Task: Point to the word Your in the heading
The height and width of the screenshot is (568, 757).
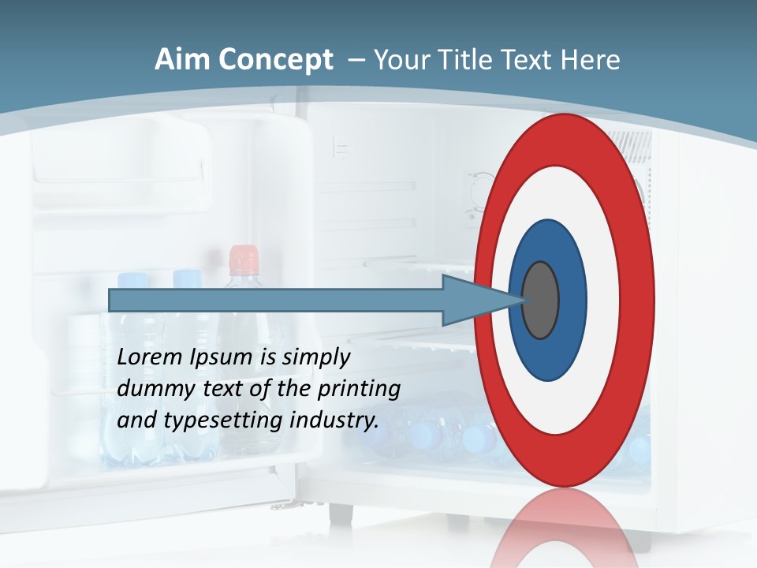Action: (x=401, y=60)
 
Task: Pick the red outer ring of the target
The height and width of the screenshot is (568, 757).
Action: (x=564, y=142)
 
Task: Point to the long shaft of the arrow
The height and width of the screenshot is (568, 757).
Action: (x=276, y=300)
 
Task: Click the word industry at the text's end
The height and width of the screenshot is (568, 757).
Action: (x=334, y=420)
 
